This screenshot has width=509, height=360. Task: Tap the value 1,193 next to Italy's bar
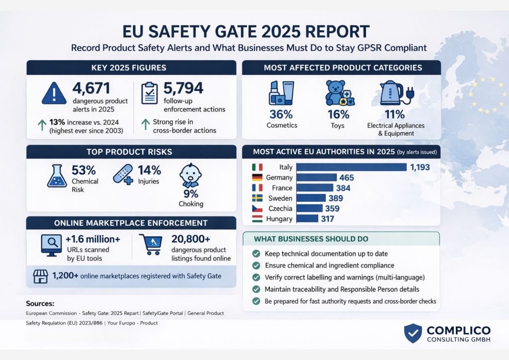[420, 167]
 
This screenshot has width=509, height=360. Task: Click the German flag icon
[257, 178]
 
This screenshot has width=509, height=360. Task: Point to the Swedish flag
[257, 198]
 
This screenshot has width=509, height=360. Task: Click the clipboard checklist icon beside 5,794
[150, 93]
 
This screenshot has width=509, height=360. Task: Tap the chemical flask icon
[57, 177]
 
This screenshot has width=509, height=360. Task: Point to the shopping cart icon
[150, 245]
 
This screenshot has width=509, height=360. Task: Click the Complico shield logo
[413, 334]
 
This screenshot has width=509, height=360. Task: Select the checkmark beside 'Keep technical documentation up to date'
[256, 253]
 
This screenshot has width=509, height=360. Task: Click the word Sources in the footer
[40, 303]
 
